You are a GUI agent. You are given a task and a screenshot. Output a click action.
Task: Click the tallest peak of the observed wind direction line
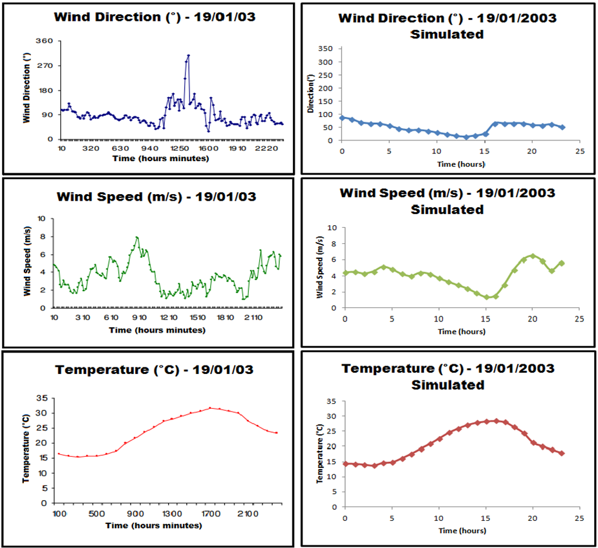point(188,56)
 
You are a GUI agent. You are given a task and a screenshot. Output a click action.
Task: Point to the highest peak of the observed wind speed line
point(137,237)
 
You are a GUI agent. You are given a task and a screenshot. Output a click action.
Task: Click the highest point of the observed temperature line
point(210,408)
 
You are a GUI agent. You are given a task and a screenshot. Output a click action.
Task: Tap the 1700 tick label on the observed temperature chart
point(210,513)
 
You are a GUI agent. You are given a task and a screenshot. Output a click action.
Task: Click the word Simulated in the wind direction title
point(447,34)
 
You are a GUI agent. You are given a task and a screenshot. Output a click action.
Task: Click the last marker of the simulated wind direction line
point(562,127)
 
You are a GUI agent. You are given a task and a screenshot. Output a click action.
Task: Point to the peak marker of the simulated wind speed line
point(533,256)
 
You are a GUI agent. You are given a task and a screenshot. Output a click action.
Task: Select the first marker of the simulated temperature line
point(345,464)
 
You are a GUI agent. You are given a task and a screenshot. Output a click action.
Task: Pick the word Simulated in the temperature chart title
point(447,385)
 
